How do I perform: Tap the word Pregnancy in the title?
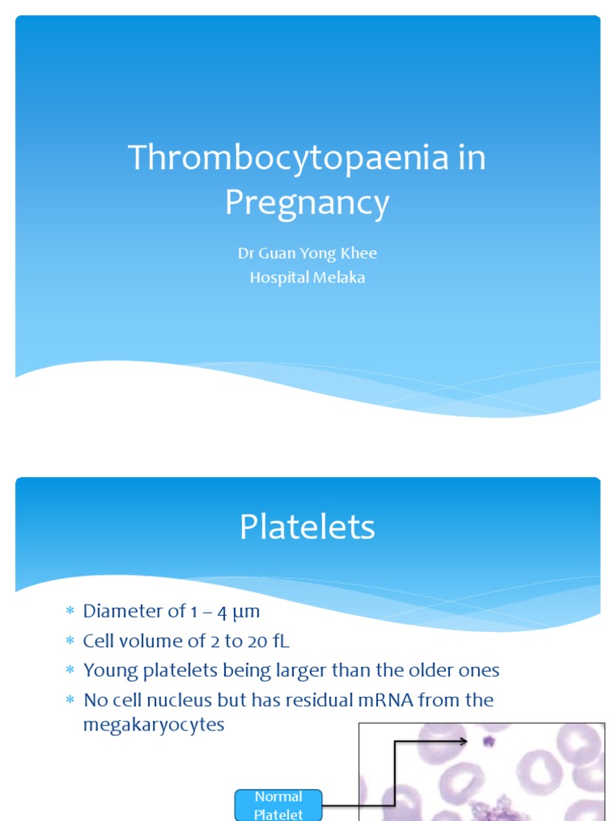pos(307,203)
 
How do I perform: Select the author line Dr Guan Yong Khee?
pos(307,253)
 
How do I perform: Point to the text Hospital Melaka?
pos(307,278)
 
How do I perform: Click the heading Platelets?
pos(307,528)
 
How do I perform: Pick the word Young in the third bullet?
pos(111,670)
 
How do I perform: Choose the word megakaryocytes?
pos(154,726)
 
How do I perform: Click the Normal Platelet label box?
pos(278,805)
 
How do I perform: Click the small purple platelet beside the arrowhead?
pos(486,741)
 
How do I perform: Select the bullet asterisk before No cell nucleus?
pos(69,701)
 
